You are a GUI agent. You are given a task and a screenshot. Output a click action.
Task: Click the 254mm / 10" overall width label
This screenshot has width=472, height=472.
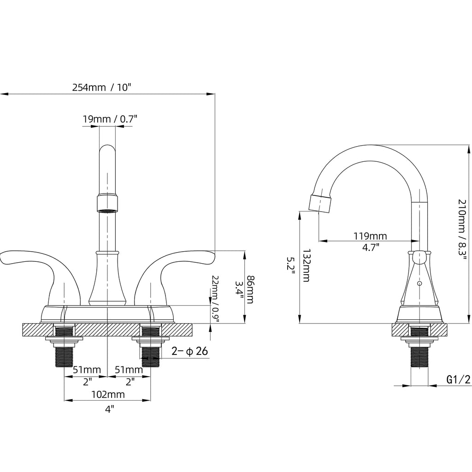[102, 88]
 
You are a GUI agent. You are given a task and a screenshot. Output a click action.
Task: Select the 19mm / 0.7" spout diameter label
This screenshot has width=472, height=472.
[110, 119]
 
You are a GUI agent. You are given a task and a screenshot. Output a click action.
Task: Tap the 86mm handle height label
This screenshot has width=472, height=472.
[250, 289]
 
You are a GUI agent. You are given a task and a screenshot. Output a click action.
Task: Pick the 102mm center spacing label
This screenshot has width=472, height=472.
[108, 395]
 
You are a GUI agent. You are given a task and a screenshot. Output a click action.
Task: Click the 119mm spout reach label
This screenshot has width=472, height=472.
[370, 236]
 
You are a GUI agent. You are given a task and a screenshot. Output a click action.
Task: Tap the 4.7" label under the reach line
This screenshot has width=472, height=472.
[371, 248]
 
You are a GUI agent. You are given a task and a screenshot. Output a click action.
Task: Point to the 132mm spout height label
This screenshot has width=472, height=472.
[306, 265]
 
